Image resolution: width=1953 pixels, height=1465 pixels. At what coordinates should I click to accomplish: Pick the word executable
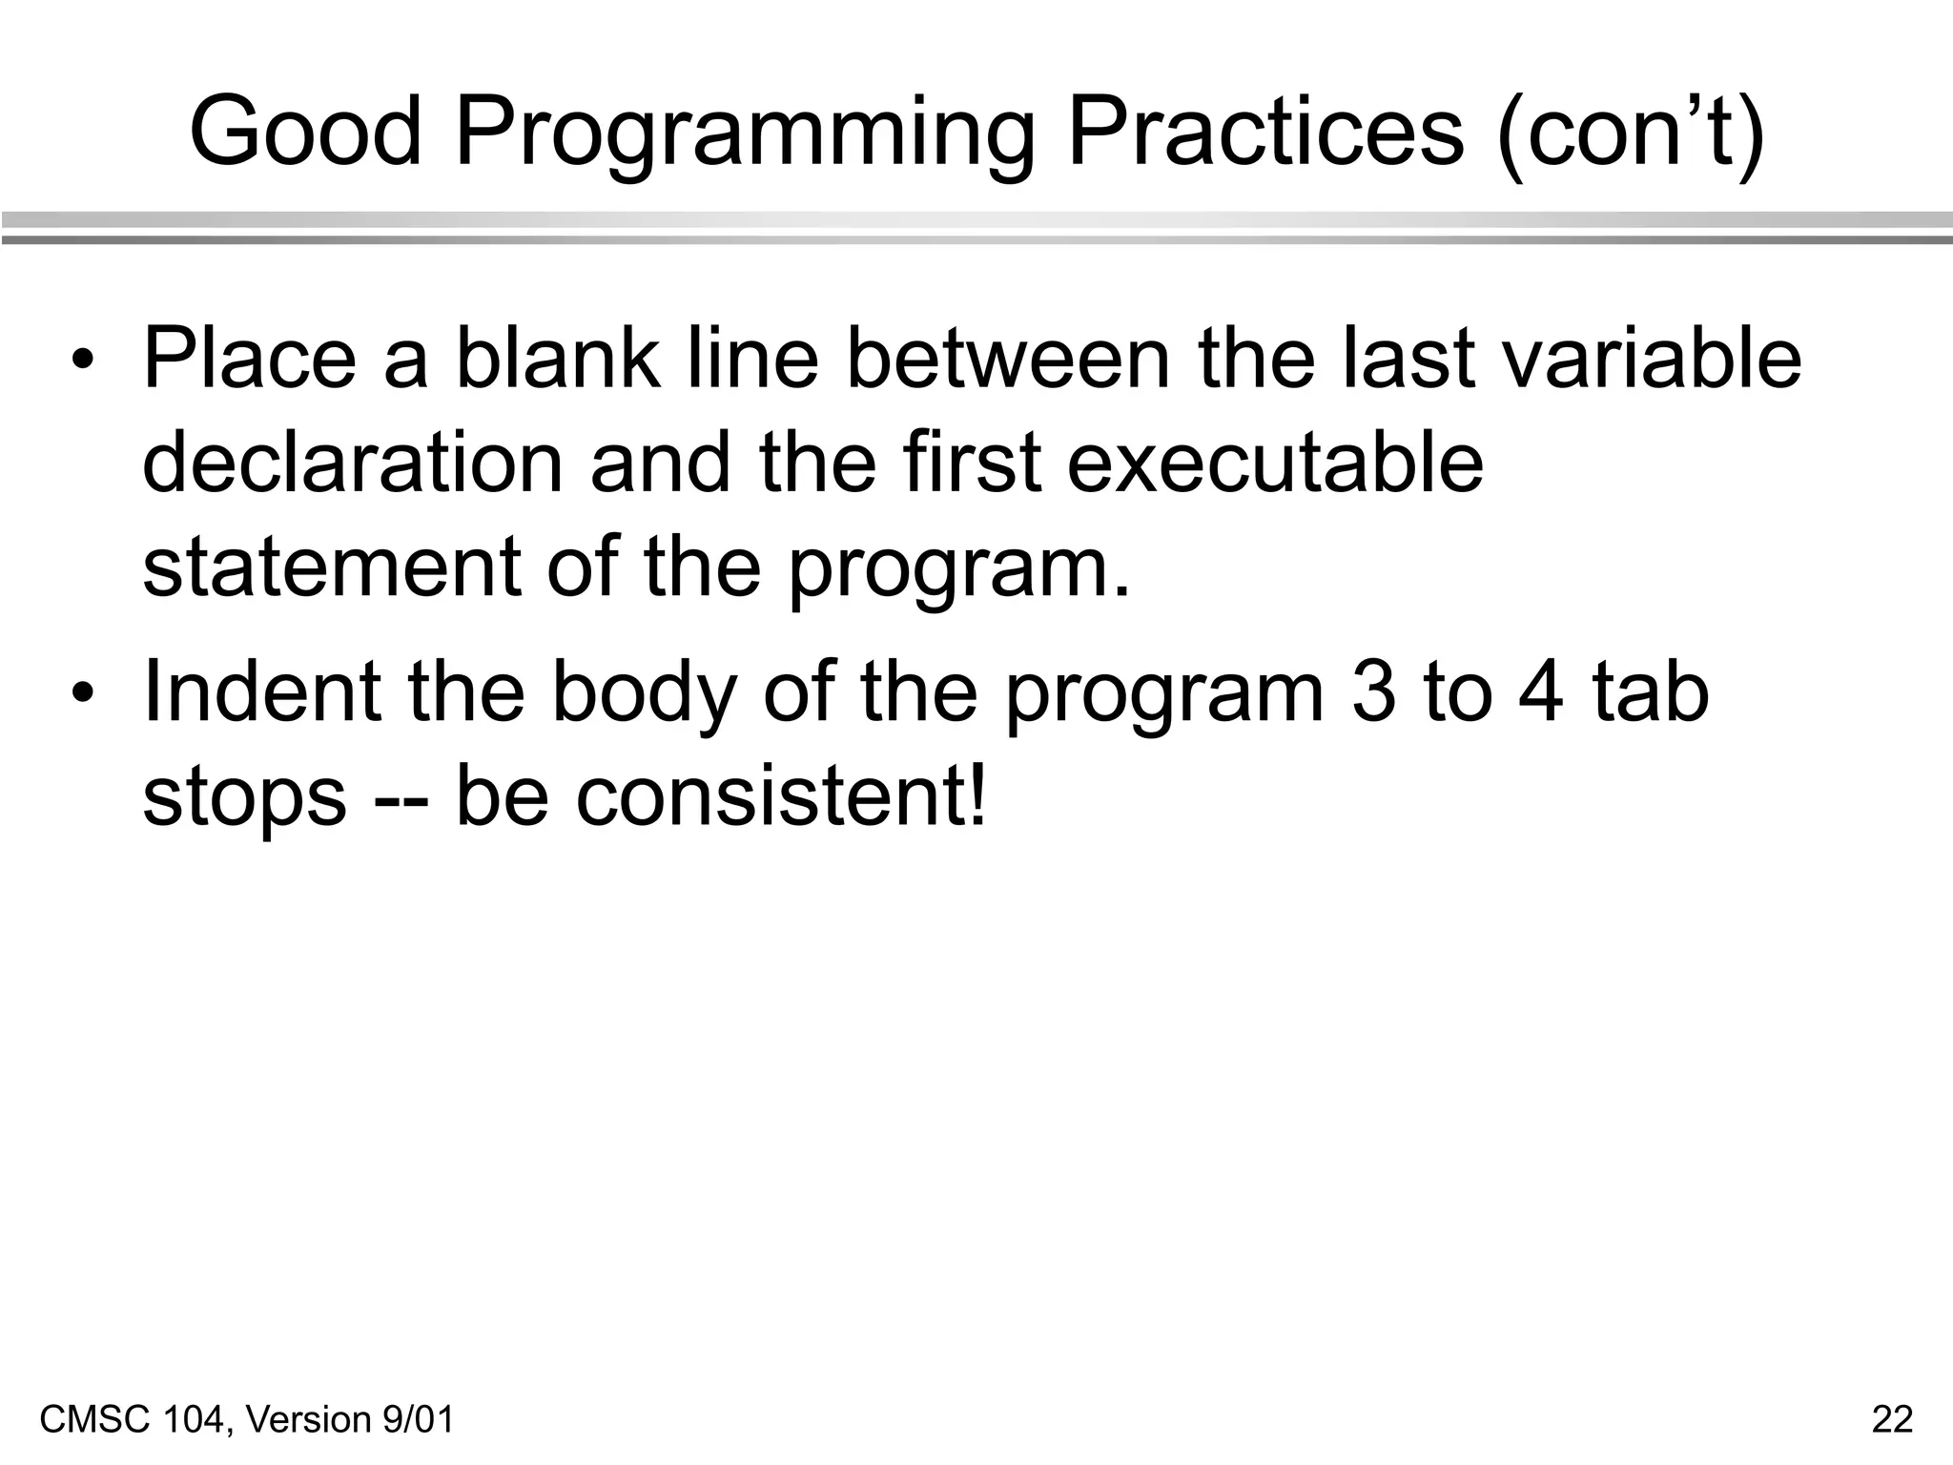pyautogui.click(x=1274, y=463)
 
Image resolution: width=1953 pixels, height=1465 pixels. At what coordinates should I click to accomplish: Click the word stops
pyautogui.click(x=244, y=799)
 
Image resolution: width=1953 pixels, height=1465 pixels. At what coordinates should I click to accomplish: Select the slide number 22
pyautogui.click(x=1892, y=1419)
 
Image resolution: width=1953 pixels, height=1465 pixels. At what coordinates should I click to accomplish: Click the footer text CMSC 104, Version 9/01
pyautogui.click(x=247, y=1419)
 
